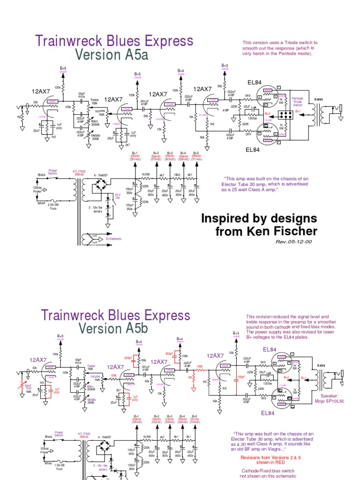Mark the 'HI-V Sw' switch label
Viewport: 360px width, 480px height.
(118, 196)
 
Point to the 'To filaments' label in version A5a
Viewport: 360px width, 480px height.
(113, 239)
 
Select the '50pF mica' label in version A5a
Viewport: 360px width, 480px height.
(82, 95)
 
